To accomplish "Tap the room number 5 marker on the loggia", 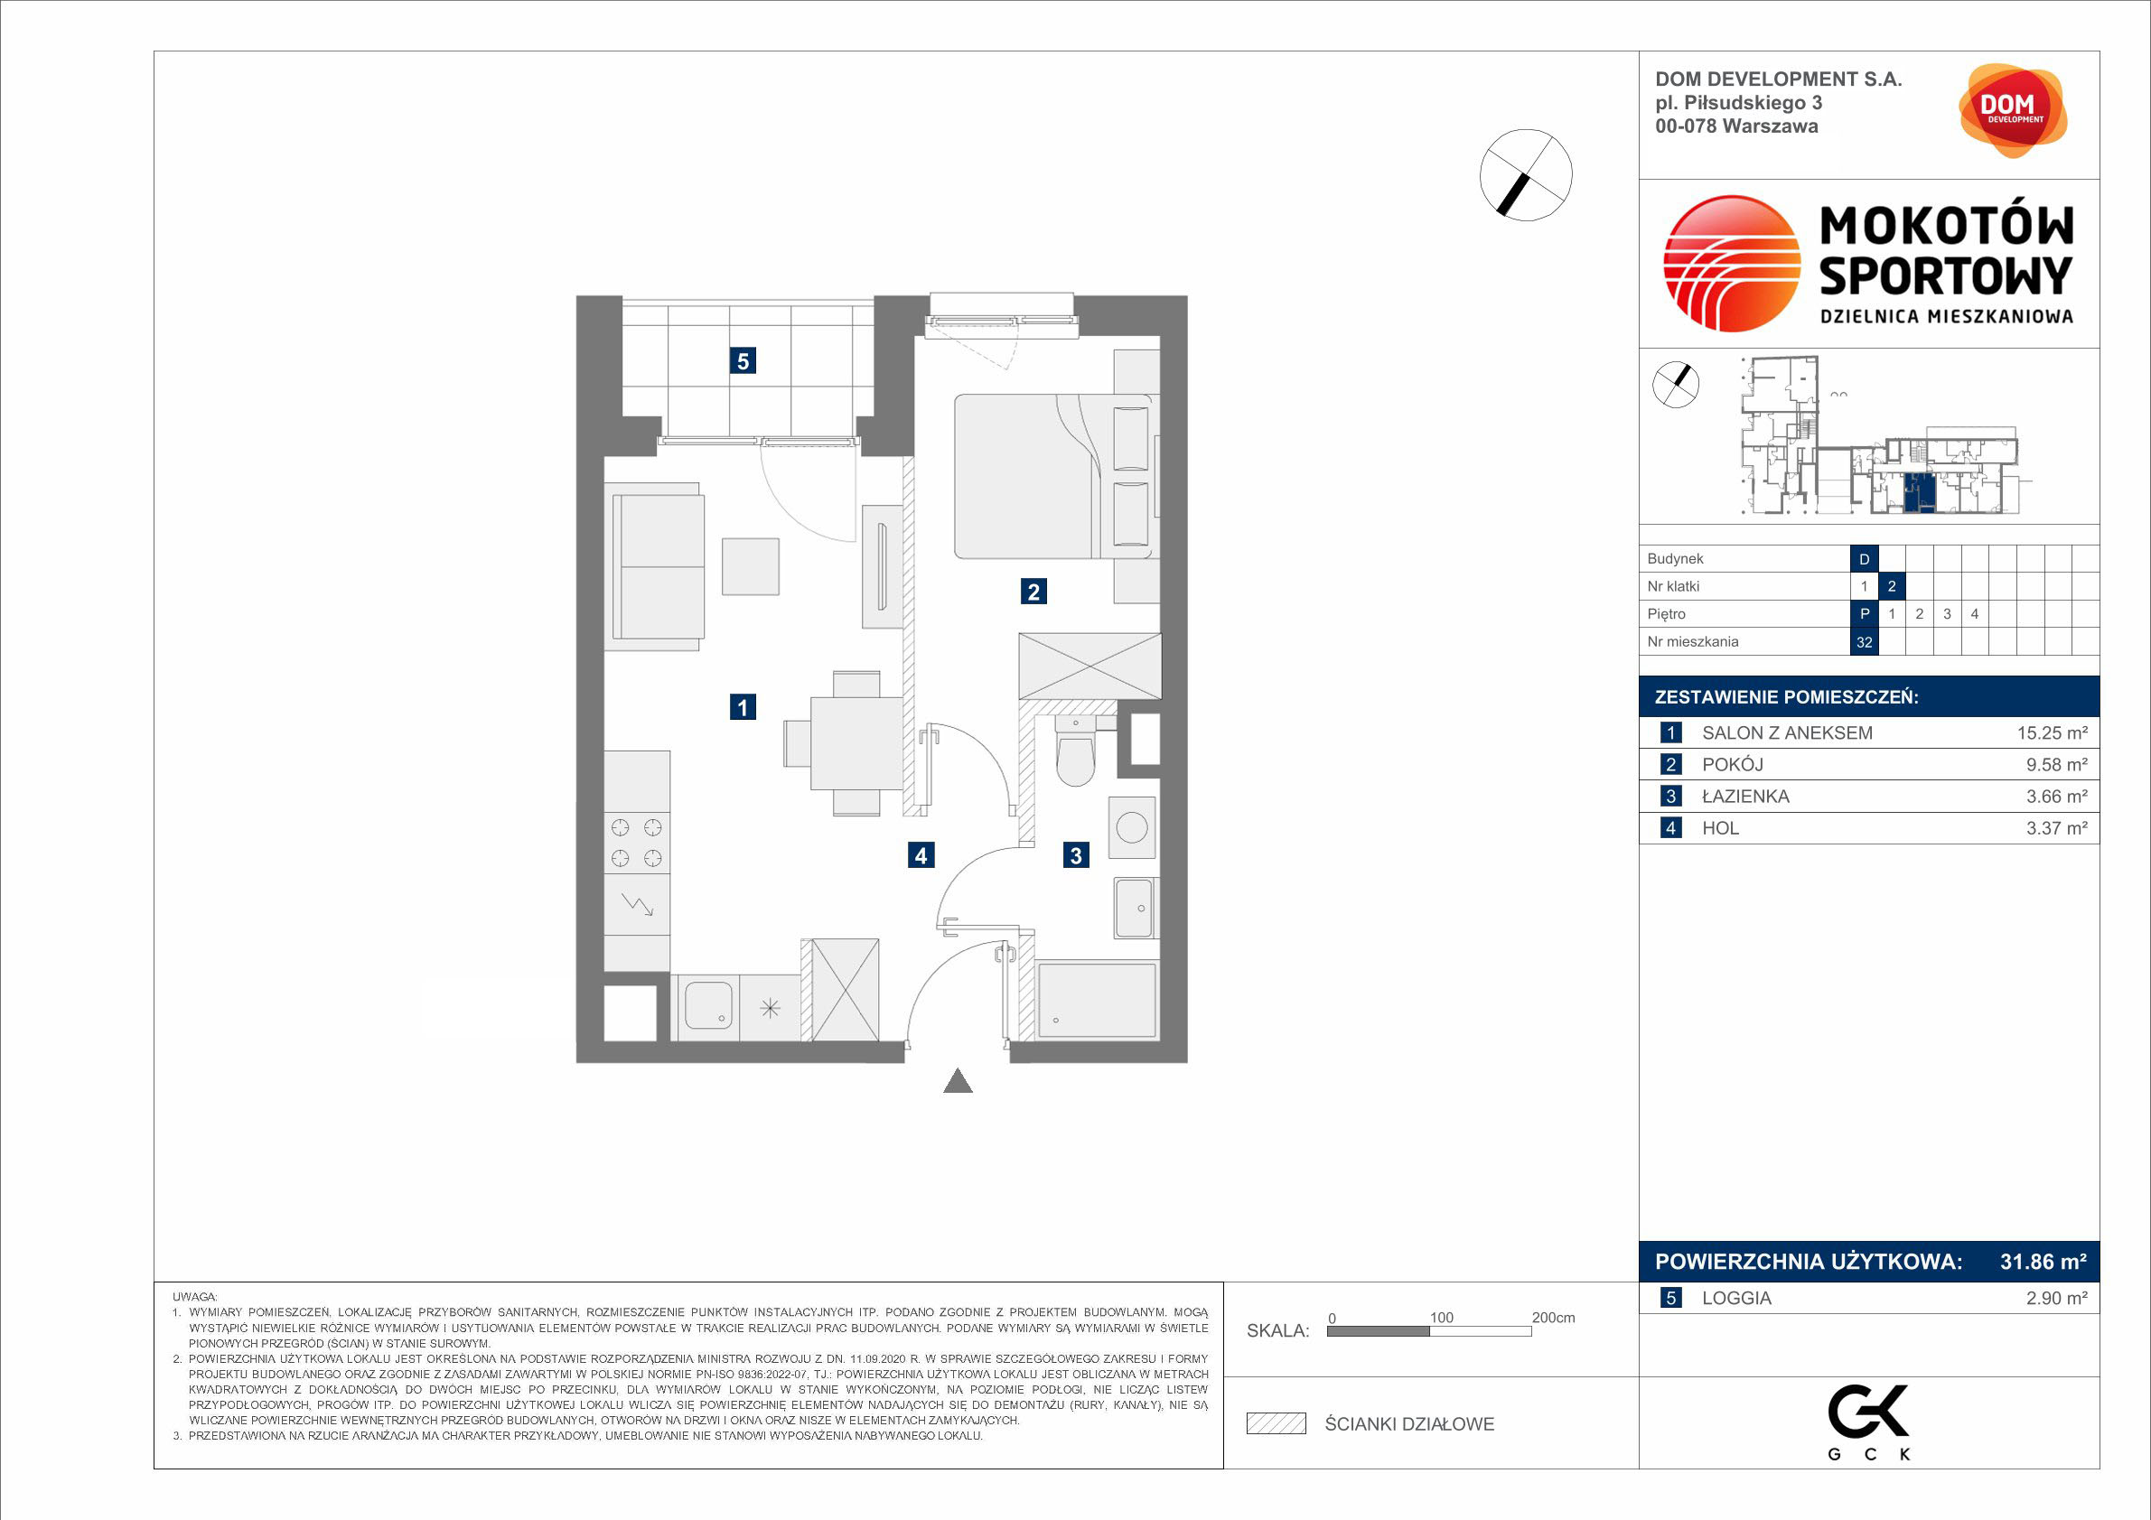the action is pos(743,360).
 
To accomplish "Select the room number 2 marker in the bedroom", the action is pos(1033,591).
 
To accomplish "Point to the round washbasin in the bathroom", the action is pos(1132,828).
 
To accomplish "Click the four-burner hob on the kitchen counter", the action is pos(637,843).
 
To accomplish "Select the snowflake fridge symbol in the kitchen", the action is pos(769,1008).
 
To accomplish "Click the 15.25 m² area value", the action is pos(2052,733).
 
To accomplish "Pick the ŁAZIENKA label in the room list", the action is pos(1745,796).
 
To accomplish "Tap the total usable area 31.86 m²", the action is pos(2043,1262).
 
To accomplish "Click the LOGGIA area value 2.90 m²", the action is pos(2056,1298).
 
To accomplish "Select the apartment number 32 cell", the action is pos(1865,641).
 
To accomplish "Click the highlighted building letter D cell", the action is pos(1865,559).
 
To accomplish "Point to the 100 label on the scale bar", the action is pos(1441,1318).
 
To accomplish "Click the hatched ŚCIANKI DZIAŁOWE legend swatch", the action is pos(1276,1423).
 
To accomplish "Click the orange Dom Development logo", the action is pos(2013,110).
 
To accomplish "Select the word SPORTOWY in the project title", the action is pos(1946,275).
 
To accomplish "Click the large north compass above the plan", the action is pos(1526,175).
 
